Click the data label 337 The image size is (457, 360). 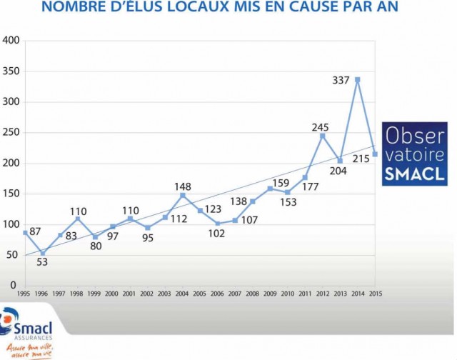click(340, 80)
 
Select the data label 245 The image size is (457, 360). click(320, 127)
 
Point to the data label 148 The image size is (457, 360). click(182, 186)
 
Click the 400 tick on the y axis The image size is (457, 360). click(10, 40)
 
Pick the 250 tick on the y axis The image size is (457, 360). click(10, 133)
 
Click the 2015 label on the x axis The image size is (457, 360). click(375, 294)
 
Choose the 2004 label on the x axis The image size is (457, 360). click(183, 294)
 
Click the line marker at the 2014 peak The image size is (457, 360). click(357, 79)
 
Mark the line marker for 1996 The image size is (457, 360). click(43, 253)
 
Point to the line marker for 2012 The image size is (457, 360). click(322, 136)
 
